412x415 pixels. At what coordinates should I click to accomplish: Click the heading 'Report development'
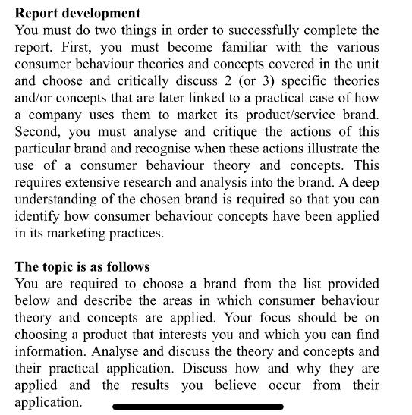(77, 14)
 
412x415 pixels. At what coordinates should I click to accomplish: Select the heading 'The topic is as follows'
(83, 267)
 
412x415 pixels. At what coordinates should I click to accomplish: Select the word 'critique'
(244, 132)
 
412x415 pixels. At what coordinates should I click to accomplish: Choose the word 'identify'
(37, 216)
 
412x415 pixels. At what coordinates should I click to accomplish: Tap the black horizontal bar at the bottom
(197, 407)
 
